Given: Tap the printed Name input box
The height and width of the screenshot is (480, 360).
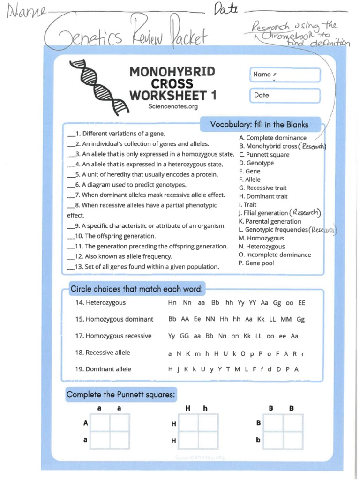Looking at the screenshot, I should (285, 75).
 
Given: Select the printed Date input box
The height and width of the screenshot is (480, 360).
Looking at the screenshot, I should (285, 95).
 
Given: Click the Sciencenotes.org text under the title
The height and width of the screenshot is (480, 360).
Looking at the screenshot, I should (173, 107).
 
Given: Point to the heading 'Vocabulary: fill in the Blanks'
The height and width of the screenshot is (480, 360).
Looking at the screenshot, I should (259, 125).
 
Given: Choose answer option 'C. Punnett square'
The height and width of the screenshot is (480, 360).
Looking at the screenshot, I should (264, 155).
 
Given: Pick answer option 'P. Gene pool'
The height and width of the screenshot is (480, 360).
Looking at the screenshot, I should (256, 263).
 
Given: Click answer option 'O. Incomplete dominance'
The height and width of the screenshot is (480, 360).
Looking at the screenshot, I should (275, 255).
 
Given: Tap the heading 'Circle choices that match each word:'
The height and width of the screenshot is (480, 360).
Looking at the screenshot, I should (136, 289).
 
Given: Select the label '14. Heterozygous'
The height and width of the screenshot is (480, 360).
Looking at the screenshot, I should (100, 303).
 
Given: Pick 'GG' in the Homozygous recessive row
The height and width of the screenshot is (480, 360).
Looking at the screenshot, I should (184, 336).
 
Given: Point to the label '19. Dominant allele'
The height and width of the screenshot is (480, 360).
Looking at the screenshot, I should (103, 369).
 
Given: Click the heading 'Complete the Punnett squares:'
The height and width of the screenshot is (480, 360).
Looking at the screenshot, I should (121, 395).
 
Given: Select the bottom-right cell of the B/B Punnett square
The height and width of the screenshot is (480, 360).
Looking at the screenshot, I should (293, 440).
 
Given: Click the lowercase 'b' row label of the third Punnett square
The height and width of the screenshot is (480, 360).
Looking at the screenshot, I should (258, 440).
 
